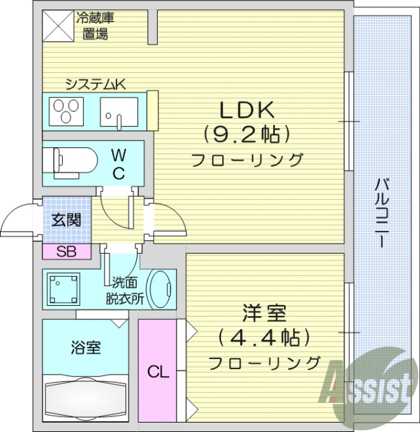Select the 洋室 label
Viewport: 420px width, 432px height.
pos(264,313)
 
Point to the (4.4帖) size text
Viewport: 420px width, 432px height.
pos(264,337)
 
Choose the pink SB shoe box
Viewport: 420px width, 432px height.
pos(65,252)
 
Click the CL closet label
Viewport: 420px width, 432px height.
pos(158,371)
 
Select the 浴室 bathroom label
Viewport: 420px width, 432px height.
pos(86,348)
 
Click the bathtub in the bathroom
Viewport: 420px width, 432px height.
pos(85,398)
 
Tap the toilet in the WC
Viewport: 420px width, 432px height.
pos(65,163)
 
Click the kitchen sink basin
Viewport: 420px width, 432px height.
pos(119,109)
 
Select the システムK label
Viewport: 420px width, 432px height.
pos(95,84)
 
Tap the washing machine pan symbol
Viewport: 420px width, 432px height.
pos(64,289)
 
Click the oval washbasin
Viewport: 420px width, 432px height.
pos(160,290)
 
